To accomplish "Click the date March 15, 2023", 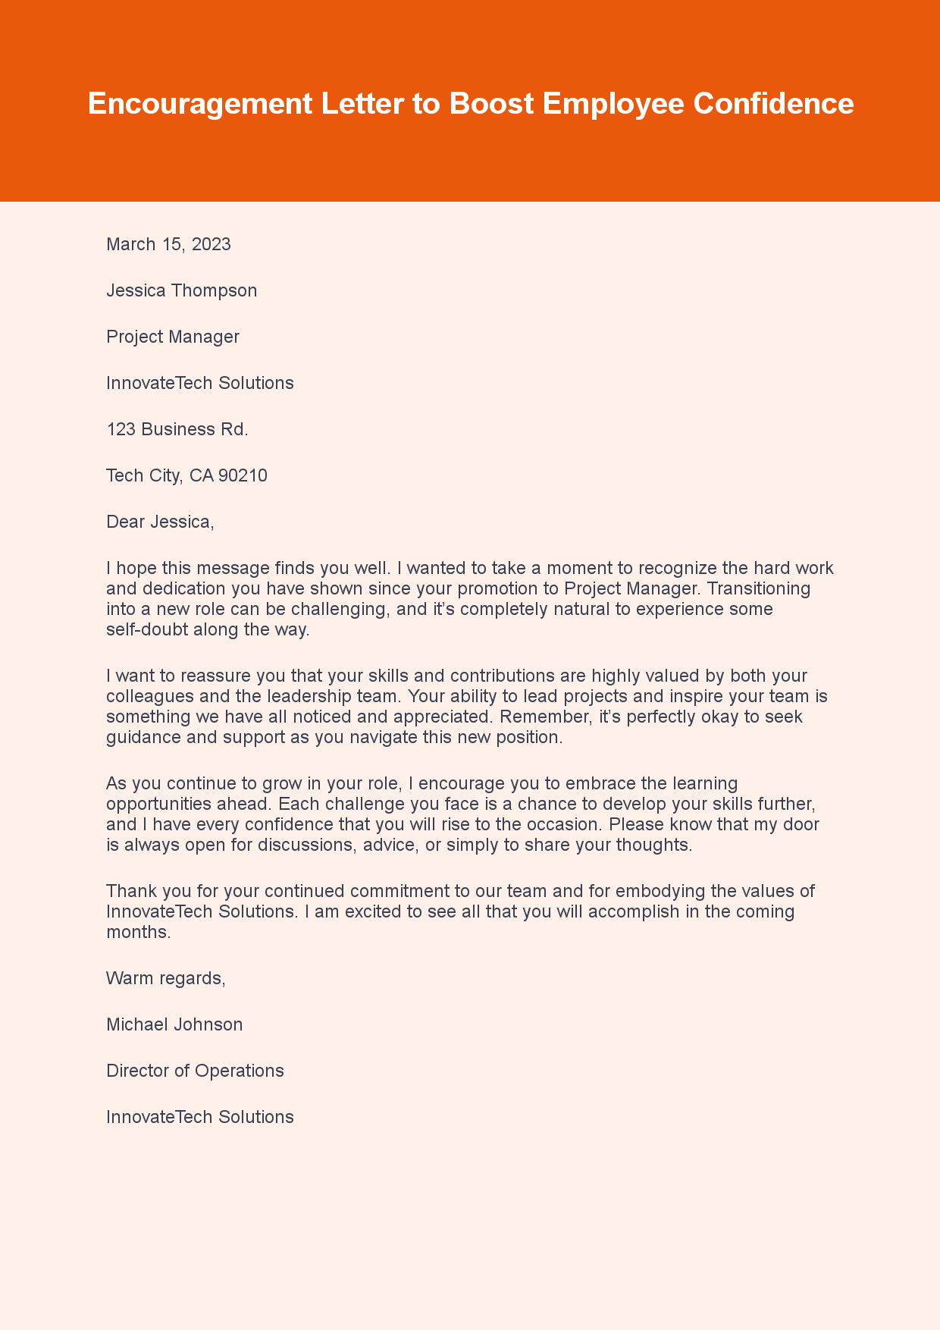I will (168, 244).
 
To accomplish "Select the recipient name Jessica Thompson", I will (181, 290).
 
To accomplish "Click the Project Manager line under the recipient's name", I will (173, 337).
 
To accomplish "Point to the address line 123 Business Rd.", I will (177, 429).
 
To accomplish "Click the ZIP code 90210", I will (243, 475).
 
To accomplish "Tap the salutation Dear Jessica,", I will (160, 522).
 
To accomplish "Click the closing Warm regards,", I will (166, 978).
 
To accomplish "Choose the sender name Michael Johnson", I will (174, 1024).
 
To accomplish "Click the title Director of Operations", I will (195, 1071).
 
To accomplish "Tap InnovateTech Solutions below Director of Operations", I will (199, 1117).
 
